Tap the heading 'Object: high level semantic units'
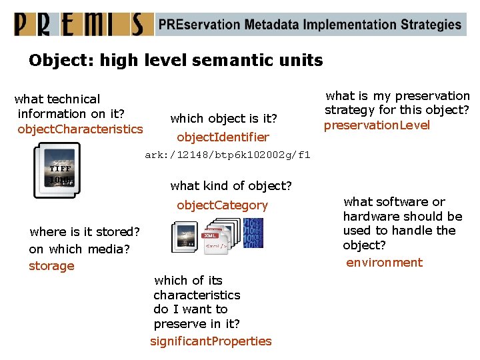pyautogui.click(x=175, y=61)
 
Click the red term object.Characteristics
pyautogui.click(x=80, y=129)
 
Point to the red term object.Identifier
pyautogui.click(x=223, y=137)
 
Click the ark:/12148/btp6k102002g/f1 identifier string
pyautogui.click(x=227, y=155)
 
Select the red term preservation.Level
pyautogui.click(x=377, y=125)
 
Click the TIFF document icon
pyautogui.click(x=57, y=171)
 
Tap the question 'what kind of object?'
pyautogui.click(x=231, y=185)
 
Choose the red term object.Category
pyautogui.click(x=222, y=205)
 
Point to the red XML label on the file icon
pyautogui.click(x=211, y=235)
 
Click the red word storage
pyautogui.click(x=51, y=266)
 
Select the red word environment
pyautogui.click(x=384, y=263)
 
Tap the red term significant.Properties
pyautogui.click(x=211, y=341)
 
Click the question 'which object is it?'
pyautogui.click(x=223, y=119)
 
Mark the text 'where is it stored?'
pyautogui.click(x=85, y=232)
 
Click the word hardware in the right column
pyautogui.click(x=369, y=217)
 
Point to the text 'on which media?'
pyautogui.click(x=79, y=249)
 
